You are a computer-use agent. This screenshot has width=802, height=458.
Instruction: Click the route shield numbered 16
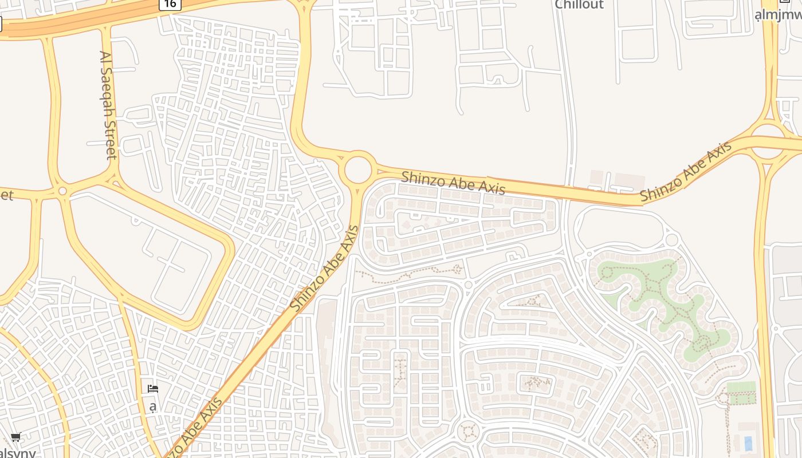[x=170, y=4]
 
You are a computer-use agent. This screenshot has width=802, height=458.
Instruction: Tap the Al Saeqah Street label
[x=108, y=105]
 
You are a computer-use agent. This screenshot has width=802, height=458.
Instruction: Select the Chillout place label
[x=579, y=5]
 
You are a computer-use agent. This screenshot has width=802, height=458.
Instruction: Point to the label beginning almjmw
[x=779, y=14]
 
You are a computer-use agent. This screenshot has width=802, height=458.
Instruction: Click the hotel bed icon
[x=153, y=389]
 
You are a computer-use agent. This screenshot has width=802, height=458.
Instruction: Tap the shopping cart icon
[x=16, y=437]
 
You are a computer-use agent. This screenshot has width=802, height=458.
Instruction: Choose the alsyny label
[x=17, y=453]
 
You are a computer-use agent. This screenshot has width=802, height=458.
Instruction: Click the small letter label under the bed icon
[x=153, y=407]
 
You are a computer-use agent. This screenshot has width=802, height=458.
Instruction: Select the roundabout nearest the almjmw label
[x=768, y=140]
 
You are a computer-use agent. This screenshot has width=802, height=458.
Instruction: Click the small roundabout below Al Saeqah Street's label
[x=62, y=191]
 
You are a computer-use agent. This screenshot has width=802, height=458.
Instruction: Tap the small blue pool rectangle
[x=748, y=443]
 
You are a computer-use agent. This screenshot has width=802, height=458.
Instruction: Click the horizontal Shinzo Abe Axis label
[x=453, y=183]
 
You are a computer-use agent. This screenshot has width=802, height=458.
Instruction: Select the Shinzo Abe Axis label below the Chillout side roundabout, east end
[x=686, y=172]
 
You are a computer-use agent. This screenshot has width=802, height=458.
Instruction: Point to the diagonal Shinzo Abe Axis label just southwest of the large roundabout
[x=324, y=269]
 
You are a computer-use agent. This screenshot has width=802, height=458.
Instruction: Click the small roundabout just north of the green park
[x=672, y=239]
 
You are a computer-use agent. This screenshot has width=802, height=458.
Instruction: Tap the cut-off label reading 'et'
[x=6, y=195]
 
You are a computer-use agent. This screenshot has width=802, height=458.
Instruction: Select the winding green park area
[x=653, y=298]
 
